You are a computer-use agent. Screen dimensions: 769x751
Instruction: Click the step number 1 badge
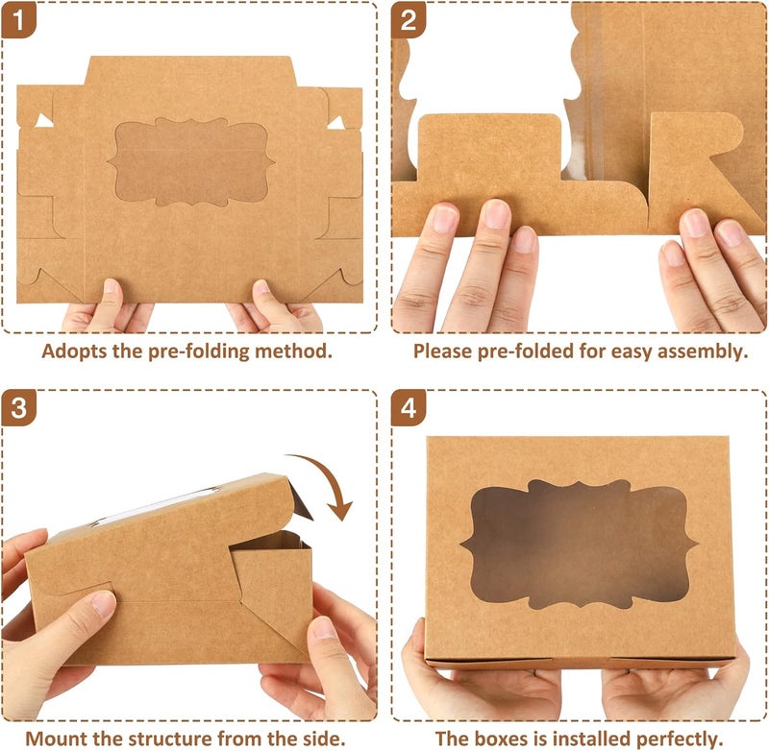click(x=18, y=19)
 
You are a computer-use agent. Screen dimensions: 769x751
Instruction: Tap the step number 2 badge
click(x=409, y=19)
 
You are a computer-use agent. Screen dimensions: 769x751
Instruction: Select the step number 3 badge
click(x=18, y=408)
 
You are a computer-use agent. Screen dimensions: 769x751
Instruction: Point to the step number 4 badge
click(x=409, y=408)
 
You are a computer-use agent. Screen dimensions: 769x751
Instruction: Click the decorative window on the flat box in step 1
click(x=191, y=161)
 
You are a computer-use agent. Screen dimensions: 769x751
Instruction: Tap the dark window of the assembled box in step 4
click(x=579, y=544)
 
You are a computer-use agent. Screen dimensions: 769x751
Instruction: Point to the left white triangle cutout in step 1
click(x=43, y=121)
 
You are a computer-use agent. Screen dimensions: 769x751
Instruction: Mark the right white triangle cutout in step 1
click(x=336, y=123)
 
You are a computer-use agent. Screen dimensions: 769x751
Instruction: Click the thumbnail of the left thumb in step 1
click(x=112, y=285)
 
